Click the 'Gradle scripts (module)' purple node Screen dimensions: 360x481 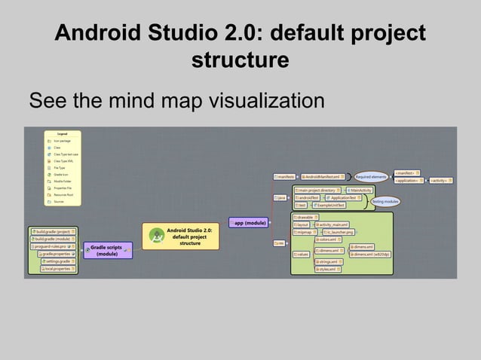pos(106,250)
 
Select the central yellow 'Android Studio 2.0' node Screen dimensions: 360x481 pos(180,236)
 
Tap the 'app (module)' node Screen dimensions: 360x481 pos(249,223)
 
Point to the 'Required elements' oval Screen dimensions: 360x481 pos(371,177)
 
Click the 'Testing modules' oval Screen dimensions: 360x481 pos(385,202)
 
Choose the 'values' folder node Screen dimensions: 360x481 pos(302,255)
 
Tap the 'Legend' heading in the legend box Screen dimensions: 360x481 pos(63,134)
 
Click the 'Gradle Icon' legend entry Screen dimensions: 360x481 pos(62,175)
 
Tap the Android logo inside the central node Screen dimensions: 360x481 pos(158,236)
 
